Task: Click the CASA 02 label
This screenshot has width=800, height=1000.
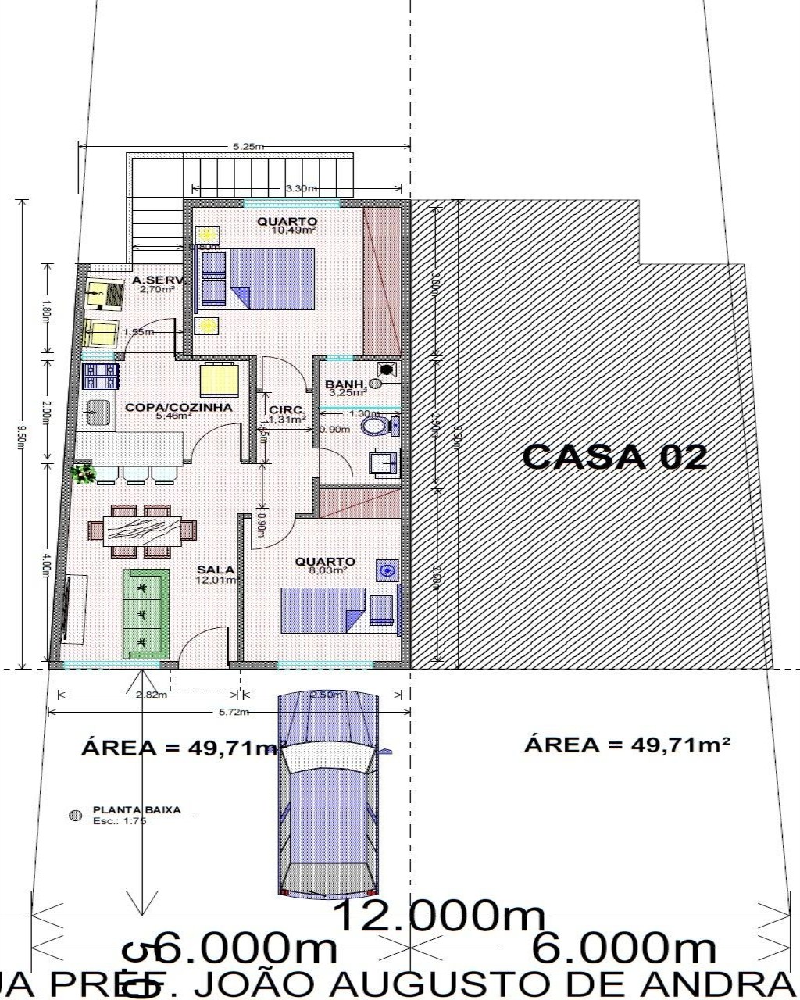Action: tap(614, 455)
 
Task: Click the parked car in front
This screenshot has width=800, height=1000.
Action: tap(329, 793)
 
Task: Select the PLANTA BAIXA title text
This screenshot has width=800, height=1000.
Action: tap(137, 810)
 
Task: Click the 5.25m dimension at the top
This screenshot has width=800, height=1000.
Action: tap(248, 146)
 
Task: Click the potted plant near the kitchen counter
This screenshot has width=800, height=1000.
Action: tap(82, 473)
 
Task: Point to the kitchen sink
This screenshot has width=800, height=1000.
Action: tap(97, 412)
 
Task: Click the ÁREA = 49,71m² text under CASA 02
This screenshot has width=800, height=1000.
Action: tap(627, 744)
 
